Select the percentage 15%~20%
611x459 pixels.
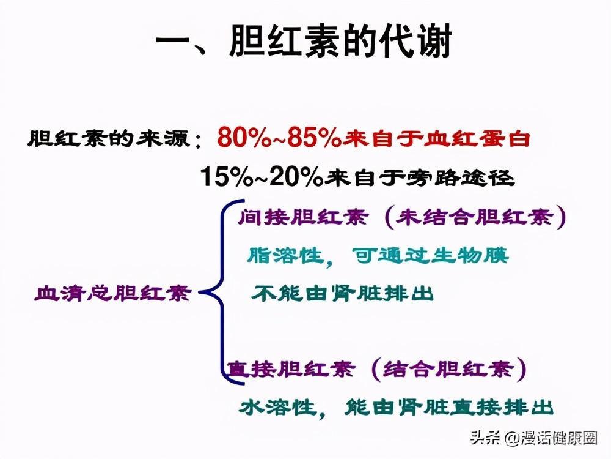point(262,177)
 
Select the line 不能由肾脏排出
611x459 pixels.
point(342,293)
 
